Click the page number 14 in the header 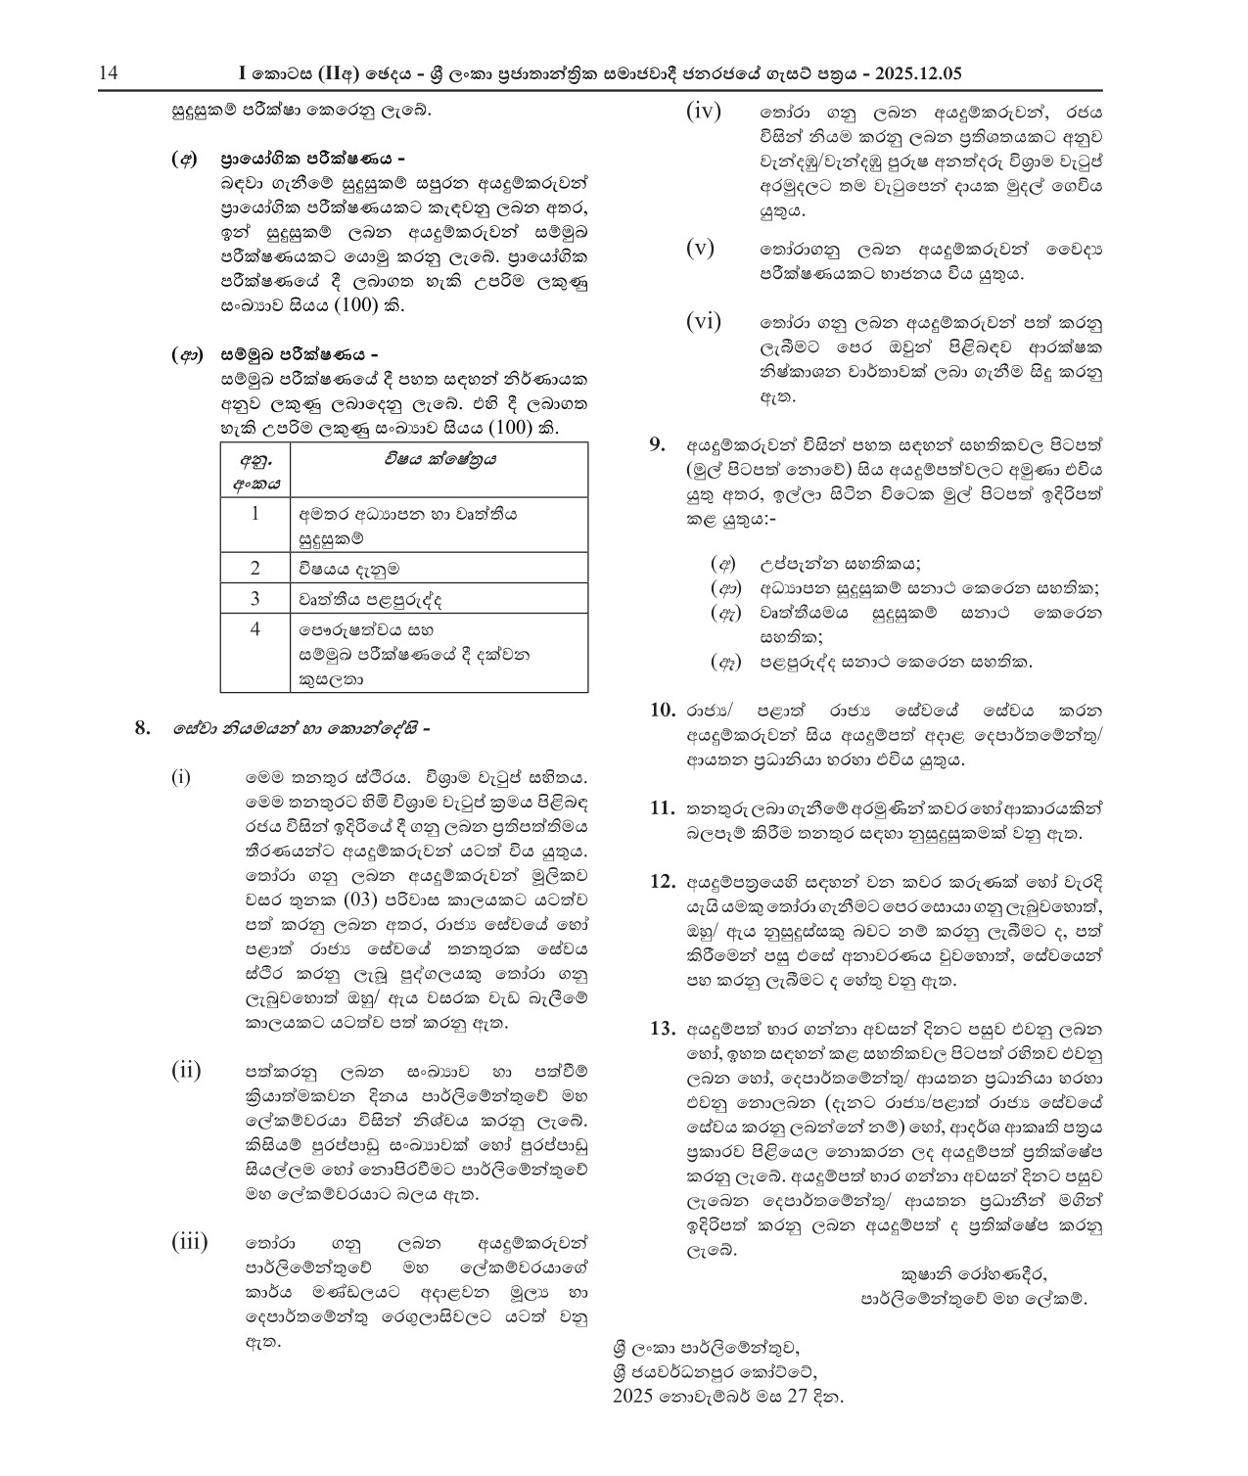point(108,73)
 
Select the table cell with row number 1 point(255,514)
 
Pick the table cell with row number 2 point(255,569)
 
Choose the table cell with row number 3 point(255,598)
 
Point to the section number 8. point(143,728)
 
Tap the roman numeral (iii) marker point(190,1243)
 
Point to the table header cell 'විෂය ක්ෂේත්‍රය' point(439,459)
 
